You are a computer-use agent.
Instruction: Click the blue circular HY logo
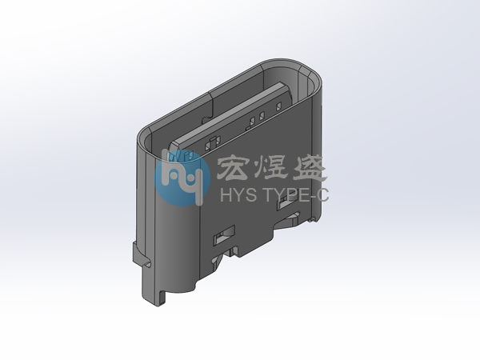click(x=182, y=178)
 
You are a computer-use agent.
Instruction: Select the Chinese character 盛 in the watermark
click(x=308, y=168)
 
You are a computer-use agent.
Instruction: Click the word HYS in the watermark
click(x=238, y=194)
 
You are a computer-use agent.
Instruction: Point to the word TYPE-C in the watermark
click(x=296, y=194)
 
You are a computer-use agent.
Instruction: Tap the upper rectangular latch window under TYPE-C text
click(x=288, y=202)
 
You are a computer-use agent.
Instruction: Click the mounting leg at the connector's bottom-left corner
click(x=153, y=286)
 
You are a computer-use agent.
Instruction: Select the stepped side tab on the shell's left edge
click(x=141, y=254)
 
